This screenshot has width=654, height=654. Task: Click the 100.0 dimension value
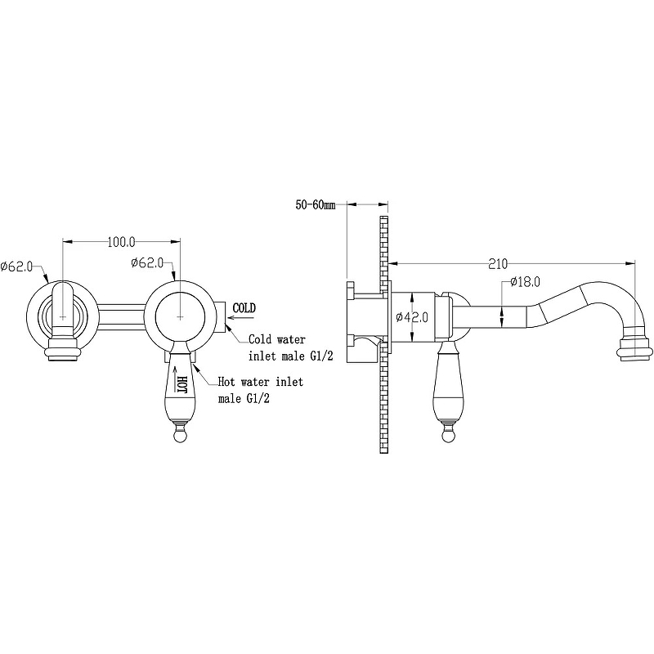click(121, 242)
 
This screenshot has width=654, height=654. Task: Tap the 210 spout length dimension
click(498, 264)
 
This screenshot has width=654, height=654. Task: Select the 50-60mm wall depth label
click(316, 205)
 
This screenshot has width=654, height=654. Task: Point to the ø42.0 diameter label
click(412, 317)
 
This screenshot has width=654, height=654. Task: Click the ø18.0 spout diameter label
click(525, 282)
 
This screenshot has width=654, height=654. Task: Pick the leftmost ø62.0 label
click(16, 267)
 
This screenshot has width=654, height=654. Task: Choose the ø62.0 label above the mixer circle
click(147, 263)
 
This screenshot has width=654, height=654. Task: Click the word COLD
click(244, 308)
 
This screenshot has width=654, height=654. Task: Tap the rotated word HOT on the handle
click(182, 384)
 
